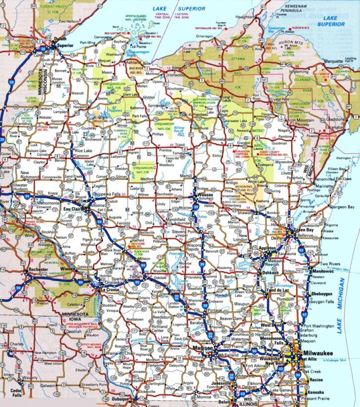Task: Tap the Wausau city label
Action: tap(205, 195)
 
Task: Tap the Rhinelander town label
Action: tap(223, 139)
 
